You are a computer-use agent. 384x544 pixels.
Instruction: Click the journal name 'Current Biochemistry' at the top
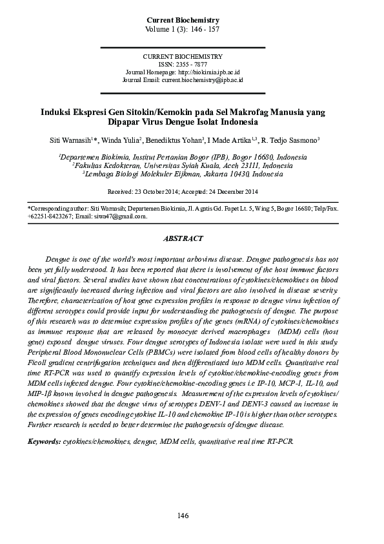pos(183,21)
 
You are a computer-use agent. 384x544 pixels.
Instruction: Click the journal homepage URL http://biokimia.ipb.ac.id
pos(204,72)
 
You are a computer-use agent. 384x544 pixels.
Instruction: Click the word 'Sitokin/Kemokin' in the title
pos(161,111)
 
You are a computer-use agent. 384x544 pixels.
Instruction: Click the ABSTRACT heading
pos(183,238)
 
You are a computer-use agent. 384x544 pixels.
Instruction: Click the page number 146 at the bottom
pos(183,515)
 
